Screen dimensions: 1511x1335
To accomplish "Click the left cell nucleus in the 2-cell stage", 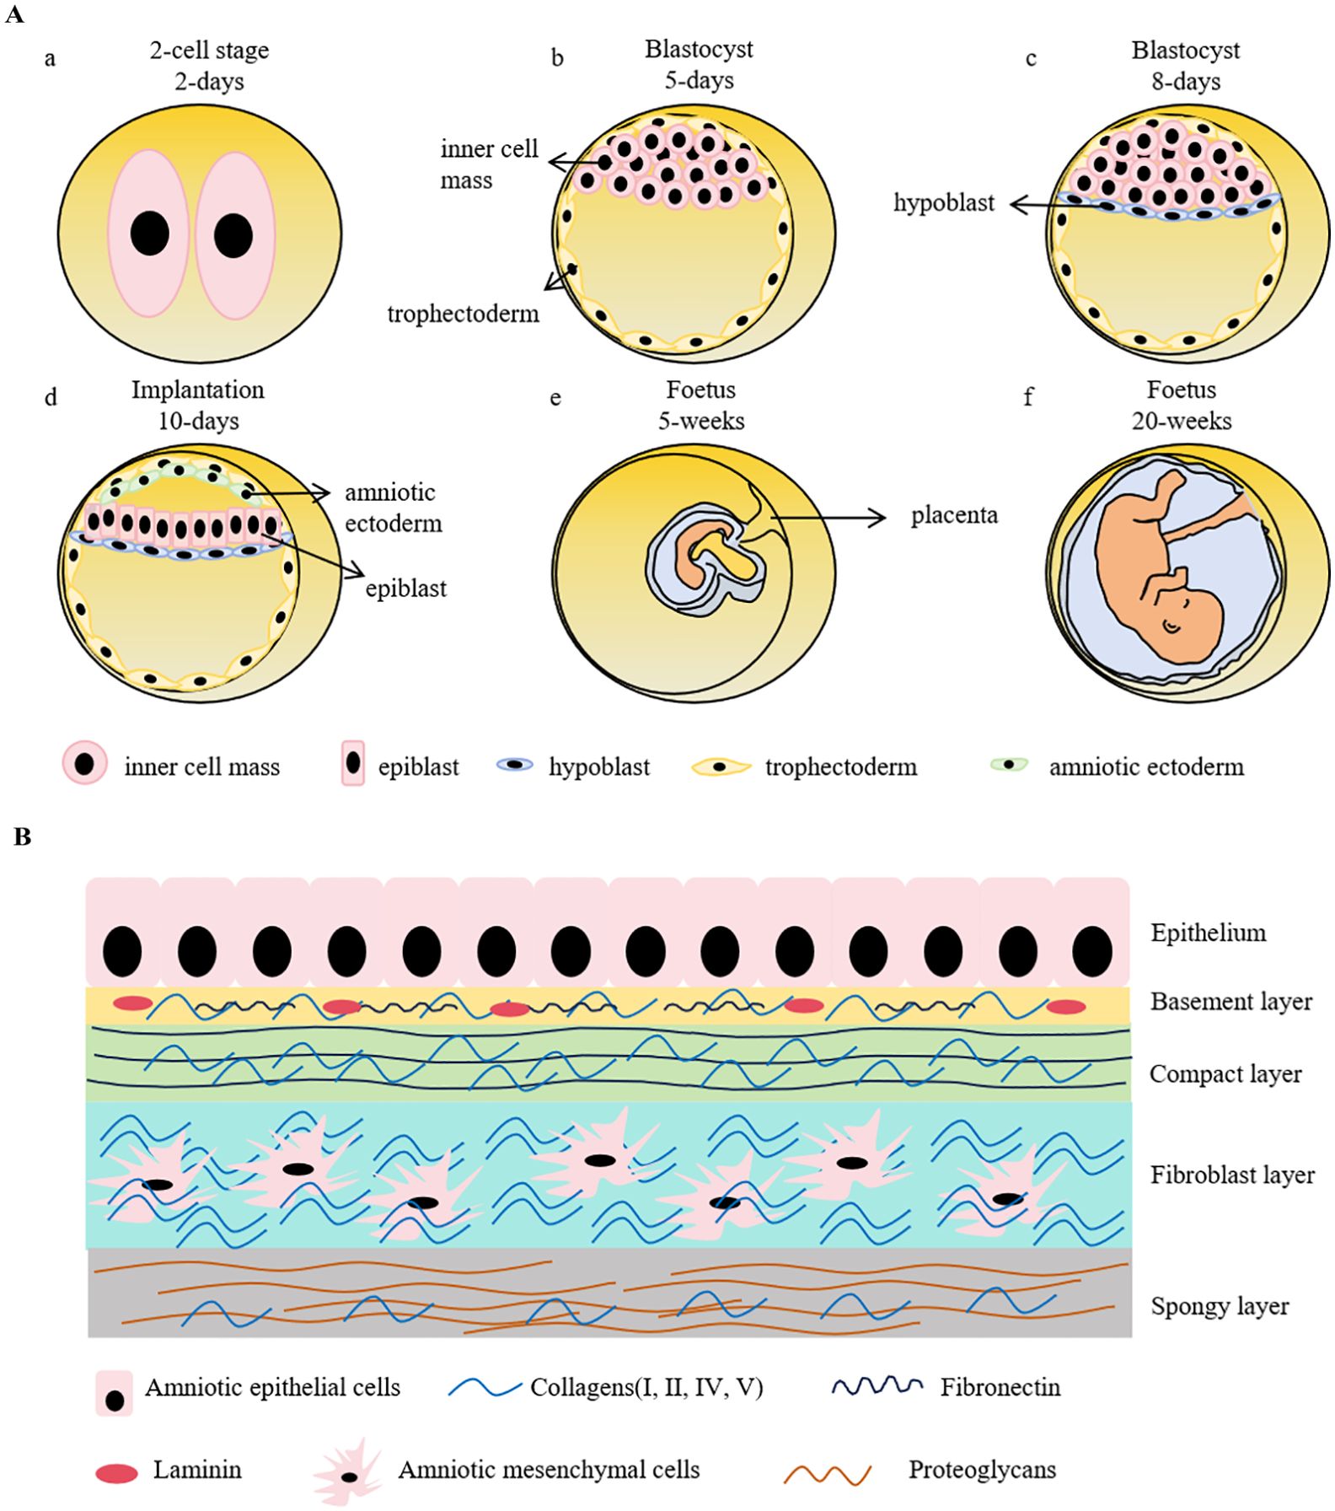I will click(x=150, y=234).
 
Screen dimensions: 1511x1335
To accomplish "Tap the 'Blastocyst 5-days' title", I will click(x=699, y=65).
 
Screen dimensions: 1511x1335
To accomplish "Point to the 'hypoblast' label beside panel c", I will click(x=944, y=203).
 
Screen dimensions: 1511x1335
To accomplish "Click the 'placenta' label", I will click(x=954, y=515).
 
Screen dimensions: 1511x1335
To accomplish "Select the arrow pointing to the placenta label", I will click(x=826, y=517).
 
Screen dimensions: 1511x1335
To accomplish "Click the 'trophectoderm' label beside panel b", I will click(x=463, y=315).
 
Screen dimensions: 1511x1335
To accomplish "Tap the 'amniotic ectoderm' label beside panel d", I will click(x=393, y=508).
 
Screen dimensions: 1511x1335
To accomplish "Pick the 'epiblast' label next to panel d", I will click(x=405, y=589).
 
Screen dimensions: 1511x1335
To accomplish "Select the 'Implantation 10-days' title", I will click(x=198, y=406).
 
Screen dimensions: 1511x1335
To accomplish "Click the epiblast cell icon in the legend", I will click(x=353, y=763).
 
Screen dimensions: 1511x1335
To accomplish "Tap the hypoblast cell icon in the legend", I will click(x=515, y=765).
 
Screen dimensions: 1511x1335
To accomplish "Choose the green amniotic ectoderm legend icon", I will click(x=1009, y=765).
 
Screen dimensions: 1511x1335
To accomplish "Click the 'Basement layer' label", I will click(x=1230, y=1002).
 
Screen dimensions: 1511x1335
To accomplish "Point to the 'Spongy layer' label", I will click(x=1219, y=1306).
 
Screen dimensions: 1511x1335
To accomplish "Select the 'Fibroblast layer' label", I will click(x=1232, y=1175).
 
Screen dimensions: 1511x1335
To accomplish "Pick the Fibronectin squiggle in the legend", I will click(x=877, y=1387).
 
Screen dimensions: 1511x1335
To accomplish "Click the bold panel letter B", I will click(x=23, y=837).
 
